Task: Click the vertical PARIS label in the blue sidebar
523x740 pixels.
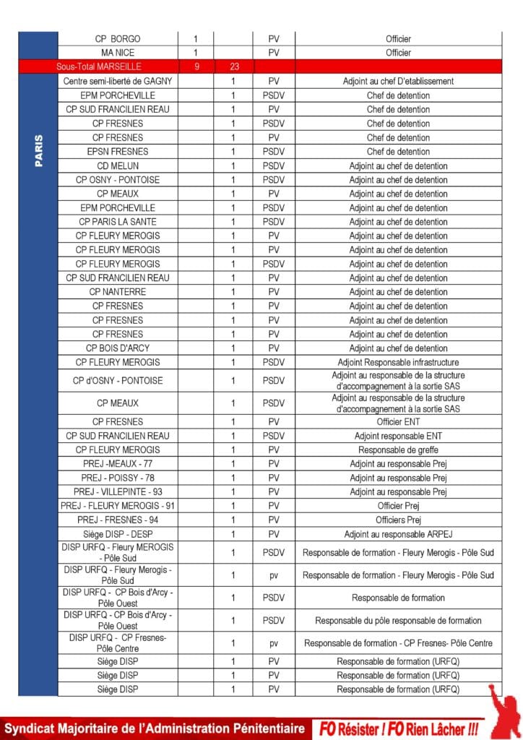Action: click(38, 151)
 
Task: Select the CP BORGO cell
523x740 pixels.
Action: click(118, 38)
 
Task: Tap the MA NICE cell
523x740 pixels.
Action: click(118, 53)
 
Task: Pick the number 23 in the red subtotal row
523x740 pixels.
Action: click(233, 66)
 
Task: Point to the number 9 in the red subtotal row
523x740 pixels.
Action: click(196, 66)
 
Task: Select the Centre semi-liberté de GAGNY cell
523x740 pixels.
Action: click(118, 81)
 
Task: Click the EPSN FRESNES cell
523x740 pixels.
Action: click(118, 152)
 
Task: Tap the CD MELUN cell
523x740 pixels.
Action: click(118, 165)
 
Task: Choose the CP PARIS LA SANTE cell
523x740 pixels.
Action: click(118, 222)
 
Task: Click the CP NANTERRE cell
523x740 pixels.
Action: click(118, 292)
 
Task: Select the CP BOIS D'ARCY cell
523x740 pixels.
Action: click(118, 348)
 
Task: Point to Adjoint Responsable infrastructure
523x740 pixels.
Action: click(398, 362)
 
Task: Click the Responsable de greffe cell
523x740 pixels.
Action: click(398, 449)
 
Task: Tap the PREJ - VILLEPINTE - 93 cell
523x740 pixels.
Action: click(118, 492)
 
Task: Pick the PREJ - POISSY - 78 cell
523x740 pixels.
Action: click(118, 478)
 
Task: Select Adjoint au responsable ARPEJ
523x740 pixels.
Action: click(398, 534)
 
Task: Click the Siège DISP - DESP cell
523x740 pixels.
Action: click(118, 534)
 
